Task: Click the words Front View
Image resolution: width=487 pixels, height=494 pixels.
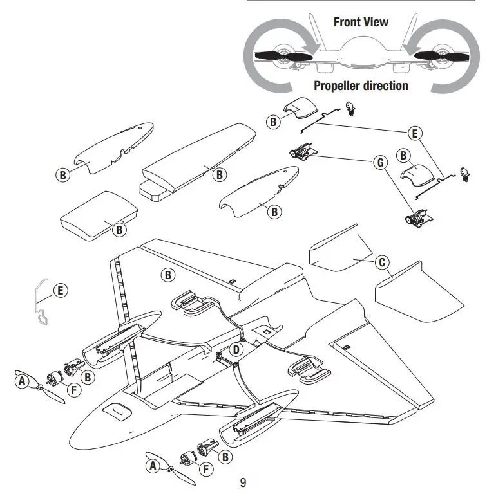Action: pyautogui.click(x=361, y=22)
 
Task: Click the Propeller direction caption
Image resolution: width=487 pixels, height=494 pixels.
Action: pyautogui.click(x=361, y=86)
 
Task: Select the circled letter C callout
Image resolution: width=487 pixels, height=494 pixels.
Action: pyautogui.click(x=382, y=262)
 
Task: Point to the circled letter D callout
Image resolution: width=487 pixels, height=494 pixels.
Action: pyautogui.click(x=237, y=350)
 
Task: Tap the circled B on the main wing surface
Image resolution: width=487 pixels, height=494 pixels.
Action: pyautogui.click(x=167, y=275)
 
